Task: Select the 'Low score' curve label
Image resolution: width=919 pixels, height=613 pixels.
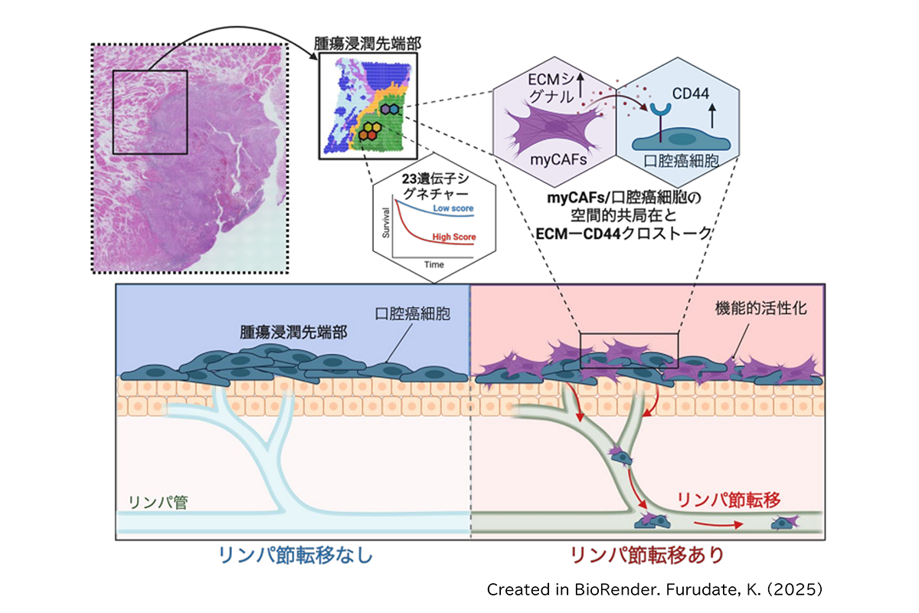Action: click(x=452, y=208)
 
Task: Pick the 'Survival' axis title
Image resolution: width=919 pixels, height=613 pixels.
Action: click(x=387, y=223)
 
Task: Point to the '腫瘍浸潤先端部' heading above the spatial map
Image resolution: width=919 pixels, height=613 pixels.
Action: click(x=366, y=43)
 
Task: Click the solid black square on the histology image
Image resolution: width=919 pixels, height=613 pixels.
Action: click(x=150, y=112)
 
